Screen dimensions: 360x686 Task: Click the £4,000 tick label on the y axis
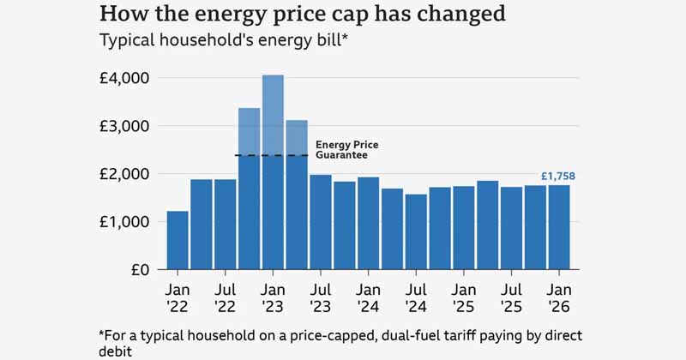click(x=125, y=78)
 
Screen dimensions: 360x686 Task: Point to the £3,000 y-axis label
click(x=125, y=126)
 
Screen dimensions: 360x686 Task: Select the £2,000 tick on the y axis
click(x=125, y=174)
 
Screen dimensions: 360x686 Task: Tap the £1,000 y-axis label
click(x=125, y=222)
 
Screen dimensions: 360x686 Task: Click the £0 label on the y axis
click(x=139, y=270)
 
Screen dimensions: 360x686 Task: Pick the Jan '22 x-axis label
click(x=178, y=296)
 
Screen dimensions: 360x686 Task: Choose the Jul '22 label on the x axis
click(x=225, y=296)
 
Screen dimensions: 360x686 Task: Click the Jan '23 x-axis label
click(x=273, y=296)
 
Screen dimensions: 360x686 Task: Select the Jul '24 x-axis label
click(x=416, y=296)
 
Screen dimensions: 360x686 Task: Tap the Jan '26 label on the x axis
click(x=559, y=296)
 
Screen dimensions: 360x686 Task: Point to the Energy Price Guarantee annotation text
click(x=347, y=150)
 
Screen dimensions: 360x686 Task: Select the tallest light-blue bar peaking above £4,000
click(x=273, y=111)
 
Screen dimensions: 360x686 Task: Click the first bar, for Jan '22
click(x=178, y=240)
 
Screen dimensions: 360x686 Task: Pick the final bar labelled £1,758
click(x=559, y=227)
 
